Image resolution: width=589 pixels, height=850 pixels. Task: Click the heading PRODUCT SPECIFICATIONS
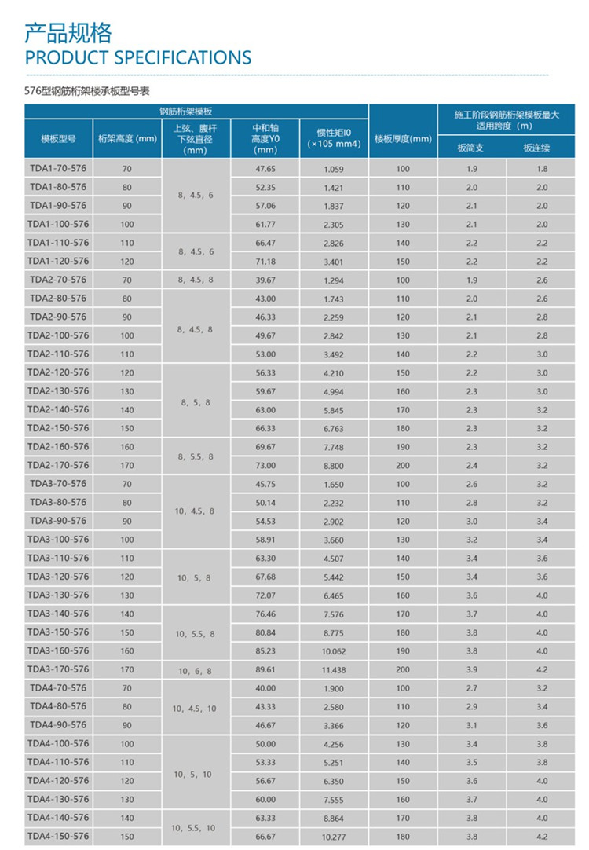pyautogui.click(x=138, y=57)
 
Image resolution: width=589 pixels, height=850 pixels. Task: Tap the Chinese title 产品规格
pyautogui.click(x=68, y=33)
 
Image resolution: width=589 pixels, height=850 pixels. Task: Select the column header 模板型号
pyautogui.click(x=59, y=139)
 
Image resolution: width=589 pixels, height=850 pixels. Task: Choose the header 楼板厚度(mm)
pyautogui.click(x=403, y=139)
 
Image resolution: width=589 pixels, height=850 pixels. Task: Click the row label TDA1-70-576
pyautogui.click(x=59, y=169)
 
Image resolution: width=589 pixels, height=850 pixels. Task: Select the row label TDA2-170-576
pyautogui.click(x=59, y=465)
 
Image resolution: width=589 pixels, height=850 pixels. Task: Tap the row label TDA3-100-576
pyautogui.click(x=59, y=540)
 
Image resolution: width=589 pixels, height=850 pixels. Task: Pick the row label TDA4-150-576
pyautogui.click(x=59, y=837)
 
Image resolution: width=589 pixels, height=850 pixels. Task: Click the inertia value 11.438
pyautogui.click(x=334, y=669)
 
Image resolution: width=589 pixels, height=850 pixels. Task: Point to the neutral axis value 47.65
pyautogui.click(x=265, y=169)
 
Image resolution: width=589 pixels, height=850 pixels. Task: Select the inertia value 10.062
pyautogui.click(x=334, y=651)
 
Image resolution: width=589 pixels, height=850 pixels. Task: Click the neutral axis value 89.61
pyautogui.click(x=265, y=669)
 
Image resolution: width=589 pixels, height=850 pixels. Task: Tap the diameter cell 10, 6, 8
pyautogui.click(x=196, y=670)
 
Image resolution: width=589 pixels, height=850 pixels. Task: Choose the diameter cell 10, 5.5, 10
pyautogui.click(x=196, y=828)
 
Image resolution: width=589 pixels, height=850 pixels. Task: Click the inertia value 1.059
pyautogui.click(x=334, y=169)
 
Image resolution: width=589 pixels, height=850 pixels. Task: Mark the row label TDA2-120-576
pyautogui.click(x=59, y=372)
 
